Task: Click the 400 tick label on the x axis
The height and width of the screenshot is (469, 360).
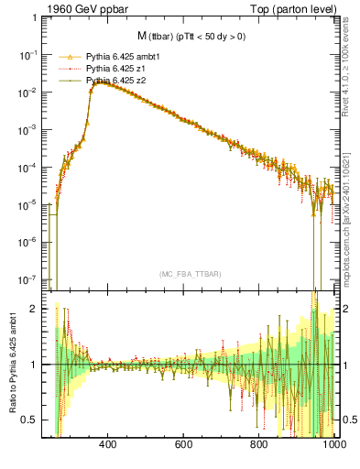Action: tap(108, 445)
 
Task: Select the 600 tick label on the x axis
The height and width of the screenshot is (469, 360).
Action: tap(184, 445)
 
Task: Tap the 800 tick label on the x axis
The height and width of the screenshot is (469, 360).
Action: tap(260, 445)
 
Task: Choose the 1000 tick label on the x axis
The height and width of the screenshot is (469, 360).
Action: tap(334, 445)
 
